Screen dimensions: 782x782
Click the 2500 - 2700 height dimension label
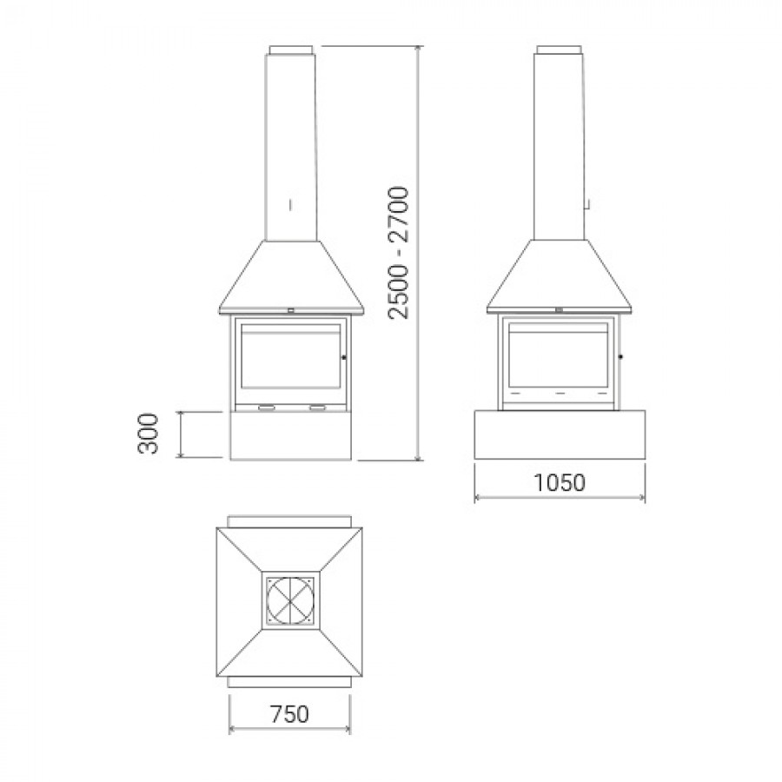click(399, 253)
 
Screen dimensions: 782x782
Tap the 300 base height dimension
click(148, 434)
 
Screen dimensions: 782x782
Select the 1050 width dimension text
click(559, 482)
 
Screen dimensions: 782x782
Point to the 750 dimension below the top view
click(289, 713)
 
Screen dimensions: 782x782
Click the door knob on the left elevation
click(344, 357)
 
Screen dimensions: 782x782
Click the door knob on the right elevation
click(621, 356)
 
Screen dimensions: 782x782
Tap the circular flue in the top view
click(291, 600)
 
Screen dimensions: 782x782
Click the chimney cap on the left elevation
click(291, 50)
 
